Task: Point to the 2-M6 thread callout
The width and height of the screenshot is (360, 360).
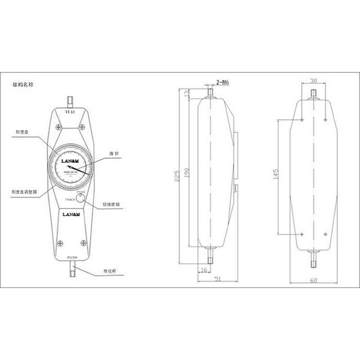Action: tap(223, 82)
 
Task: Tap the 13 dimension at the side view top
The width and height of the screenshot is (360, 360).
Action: tap(186, 93)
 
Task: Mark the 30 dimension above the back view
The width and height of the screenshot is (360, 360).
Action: tap(313, 81)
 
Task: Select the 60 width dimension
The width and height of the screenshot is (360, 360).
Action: tap(314, 280)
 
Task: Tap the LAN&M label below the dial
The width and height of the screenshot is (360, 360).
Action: tap(71, 214)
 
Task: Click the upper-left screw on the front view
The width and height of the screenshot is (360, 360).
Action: tap(58, 127)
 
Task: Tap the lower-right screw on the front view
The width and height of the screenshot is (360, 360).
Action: tap(83, 243)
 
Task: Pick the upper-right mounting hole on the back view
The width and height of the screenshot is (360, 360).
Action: tap(325, 120)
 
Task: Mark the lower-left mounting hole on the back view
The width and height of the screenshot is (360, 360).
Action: tap(301, 234)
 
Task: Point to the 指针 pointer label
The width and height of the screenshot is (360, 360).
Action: tap(113, 154)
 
